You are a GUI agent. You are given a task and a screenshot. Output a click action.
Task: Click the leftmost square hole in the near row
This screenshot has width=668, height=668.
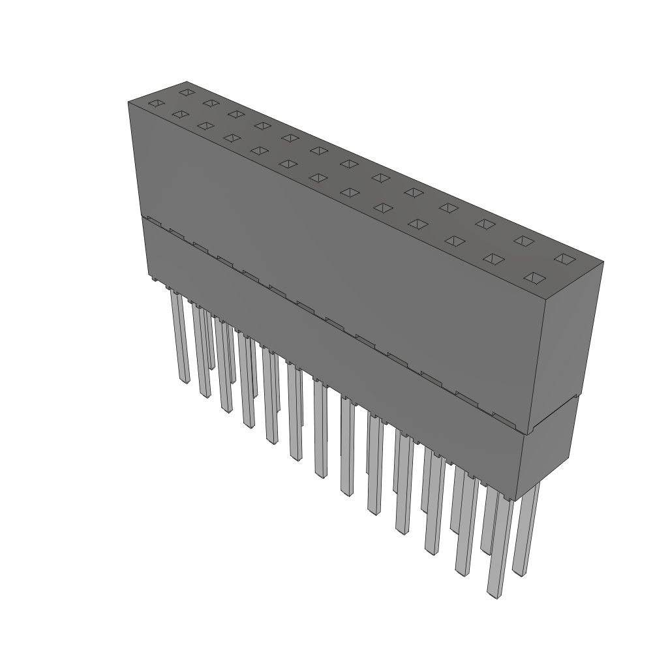click(x=155, y=103)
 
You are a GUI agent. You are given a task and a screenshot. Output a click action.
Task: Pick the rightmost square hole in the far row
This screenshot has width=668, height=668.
click(x=563, y=259)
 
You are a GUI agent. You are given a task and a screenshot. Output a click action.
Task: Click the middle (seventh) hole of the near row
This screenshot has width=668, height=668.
click(x=318, y=177)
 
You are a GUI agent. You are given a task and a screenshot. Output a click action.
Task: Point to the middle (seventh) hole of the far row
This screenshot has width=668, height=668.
click(x=348, y=163)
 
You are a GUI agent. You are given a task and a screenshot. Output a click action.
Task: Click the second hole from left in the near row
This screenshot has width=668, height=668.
click(x=179, y=114)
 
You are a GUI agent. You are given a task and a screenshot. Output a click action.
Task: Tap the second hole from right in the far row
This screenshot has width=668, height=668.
click(x=523, y=241)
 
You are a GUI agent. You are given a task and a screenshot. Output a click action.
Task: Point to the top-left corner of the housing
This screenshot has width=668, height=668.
click(x=128, y=102)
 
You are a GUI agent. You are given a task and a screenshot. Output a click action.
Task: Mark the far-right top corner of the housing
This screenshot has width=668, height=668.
click(x=603, y=262)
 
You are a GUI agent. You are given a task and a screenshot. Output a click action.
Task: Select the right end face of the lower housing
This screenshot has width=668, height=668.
click(x=548, y=450)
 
